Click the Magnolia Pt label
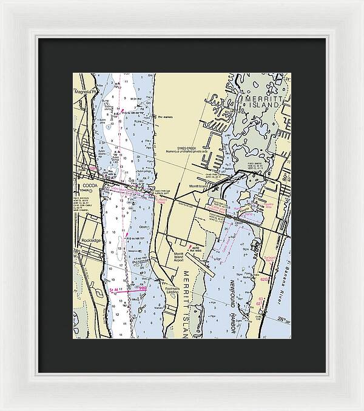point(82,93)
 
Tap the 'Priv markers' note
point(165,117)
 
